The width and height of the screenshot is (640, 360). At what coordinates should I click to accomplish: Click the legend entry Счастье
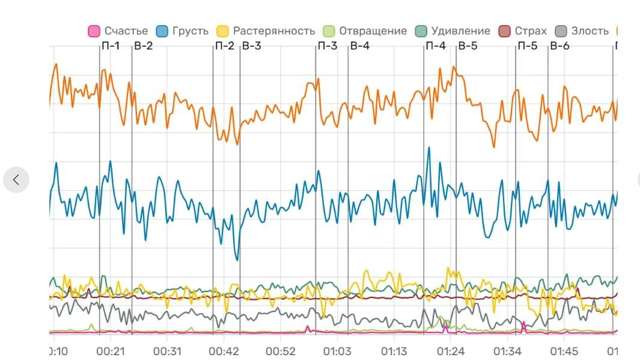(118, 31)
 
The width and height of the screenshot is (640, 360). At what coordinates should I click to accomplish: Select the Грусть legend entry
(183, 31)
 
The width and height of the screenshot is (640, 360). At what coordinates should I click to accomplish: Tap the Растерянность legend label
(266, 31)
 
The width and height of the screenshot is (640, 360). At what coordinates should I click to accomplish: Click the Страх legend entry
(523, 31)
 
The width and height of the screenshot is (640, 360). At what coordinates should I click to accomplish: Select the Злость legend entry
(582, 31)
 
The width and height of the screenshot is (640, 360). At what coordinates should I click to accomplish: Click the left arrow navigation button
(16, 179)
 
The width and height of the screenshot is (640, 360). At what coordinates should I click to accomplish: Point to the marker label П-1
(111, 46)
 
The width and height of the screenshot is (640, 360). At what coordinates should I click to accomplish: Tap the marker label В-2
(143, 46)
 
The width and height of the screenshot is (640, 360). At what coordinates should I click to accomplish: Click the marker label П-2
(224, 46)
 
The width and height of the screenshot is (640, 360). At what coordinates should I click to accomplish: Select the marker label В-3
(251, 46)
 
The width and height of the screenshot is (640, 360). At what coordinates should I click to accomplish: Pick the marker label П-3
(327, 46)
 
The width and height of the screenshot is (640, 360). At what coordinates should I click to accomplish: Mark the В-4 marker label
(359, 46)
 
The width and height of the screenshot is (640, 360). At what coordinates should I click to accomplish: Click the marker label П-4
(435, 46)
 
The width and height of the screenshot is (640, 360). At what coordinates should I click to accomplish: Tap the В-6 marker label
(559, 46)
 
